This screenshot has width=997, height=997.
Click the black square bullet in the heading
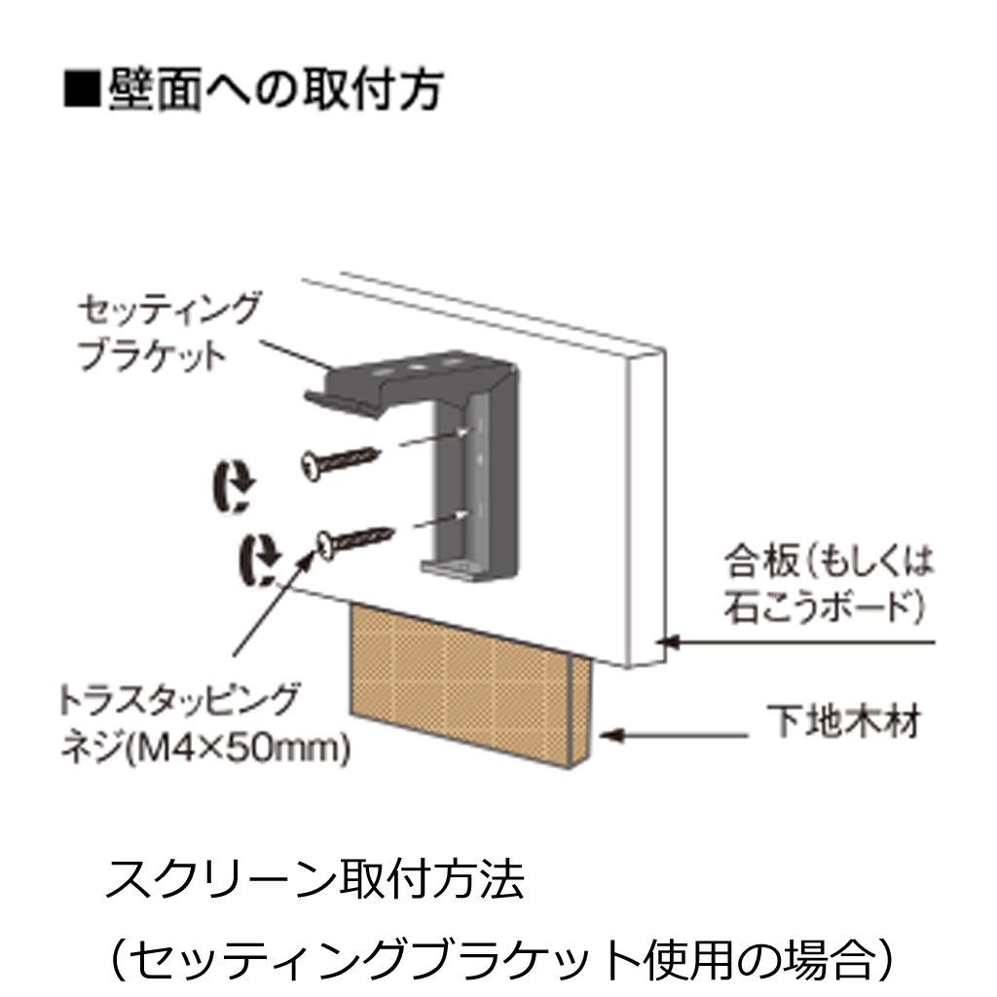click(x=82, y=89)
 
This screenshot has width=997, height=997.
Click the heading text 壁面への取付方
click(x=275, y=89)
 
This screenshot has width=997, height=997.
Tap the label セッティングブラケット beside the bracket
click(x=167, y=331)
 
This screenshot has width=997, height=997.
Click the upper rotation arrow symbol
click(x=233, y=486)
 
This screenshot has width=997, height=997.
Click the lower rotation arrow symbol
click(x=259, y=560)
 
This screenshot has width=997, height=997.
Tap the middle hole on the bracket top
click(x=418, y=367)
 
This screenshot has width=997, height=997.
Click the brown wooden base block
click(x=470, y=684)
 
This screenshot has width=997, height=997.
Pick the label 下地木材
click(x=843, y=721)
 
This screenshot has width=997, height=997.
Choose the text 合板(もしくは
click(x=828, y=564)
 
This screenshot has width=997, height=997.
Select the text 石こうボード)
click(x=823, y=607)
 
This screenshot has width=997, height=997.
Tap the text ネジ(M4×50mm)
click(x=204, y=748)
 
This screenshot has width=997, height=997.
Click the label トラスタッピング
click(x=179, y=700)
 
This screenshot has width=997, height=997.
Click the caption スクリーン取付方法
click(x=314, y=880)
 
